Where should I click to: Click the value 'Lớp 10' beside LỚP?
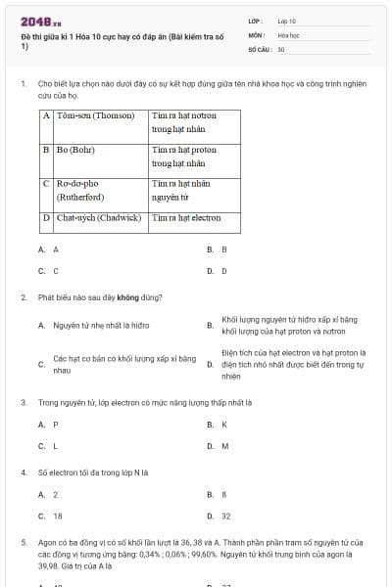(x=287, y=21)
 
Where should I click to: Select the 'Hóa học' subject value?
(x=287, y=34)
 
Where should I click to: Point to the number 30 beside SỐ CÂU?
(x=281, y=48)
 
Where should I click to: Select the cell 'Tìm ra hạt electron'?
(x=186, y=217)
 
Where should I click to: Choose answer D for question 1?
(x=223, y=270)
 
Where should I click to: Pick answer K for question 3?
(x=223, y=425)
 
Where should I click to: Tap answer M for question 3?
(x=224, y=445)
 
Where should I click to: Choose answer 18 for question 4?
(x=57, y=516)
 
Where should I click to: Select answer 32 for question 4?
(x=225, y=516)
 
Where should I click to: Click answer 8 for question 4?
(x=223, y=495)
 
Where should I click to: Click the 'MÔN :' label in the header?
(x=258, y=34)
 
